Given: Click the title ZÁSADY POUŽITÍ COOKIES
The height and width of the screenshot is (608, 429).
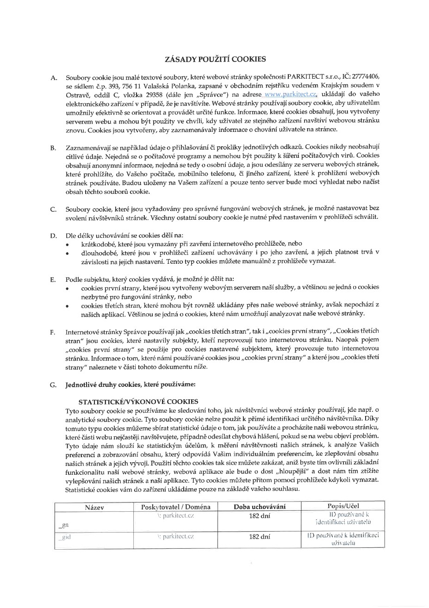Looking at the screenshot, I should click(215, 59).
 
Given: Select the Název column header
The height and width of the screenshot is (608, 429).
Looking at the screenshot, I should click(94, 507).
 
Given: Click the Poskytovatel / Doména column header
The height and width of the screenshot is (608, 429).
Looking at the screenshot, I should click(175, 507).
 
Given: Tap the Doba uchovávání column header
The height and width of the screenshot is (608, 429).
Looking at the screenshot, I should click(260, 507).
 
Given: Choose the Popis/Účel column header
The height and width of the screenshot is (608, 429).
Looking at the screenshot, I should click(343, 506).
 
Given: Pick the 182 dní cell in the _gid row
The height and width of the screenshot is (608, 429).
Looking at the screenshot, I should click(260, 537).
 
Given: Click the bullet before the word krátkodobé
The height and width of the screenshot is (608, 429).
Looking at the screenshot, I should click(68, 244).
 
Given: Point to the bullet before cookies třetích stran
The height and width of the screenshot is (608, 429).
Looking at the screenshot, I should click(68, 306).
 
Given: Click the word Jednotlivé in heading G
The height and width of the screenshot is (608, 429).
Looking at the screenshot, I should click(82, 384).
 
